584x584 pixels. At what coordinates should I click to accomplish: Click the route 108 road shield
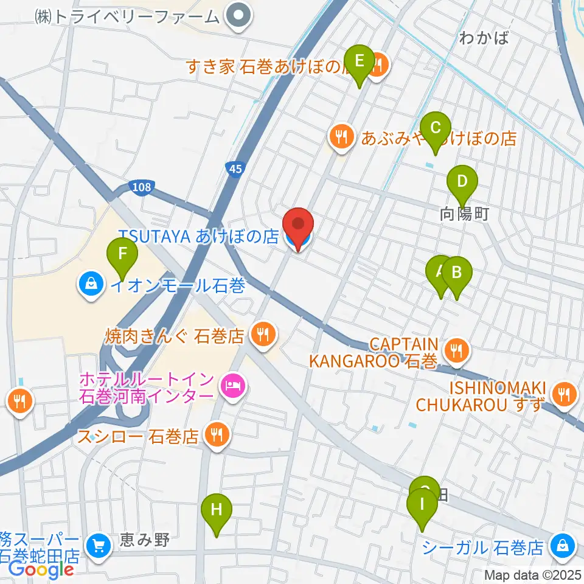(140, 187)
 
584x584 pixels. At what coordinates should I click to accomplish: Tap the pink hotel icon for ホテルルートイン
(232, 384)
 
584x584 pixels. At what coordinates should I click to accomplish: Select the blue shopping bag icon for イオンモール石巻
(91, 284)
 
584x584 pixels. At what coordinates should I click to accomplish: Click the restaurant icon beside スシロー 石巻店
(215, 436)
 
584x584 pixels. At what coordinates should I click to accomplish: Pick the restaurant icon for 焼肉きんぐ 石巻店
(263, 335)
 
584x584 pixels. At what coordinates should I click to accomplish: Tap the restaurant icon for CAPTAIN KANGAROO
(455, 350)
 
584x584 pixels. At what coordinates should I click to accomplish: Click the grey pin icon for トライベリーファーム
(238, 16)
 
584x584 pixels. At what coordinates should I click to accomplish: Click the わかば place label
(484, 39)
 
